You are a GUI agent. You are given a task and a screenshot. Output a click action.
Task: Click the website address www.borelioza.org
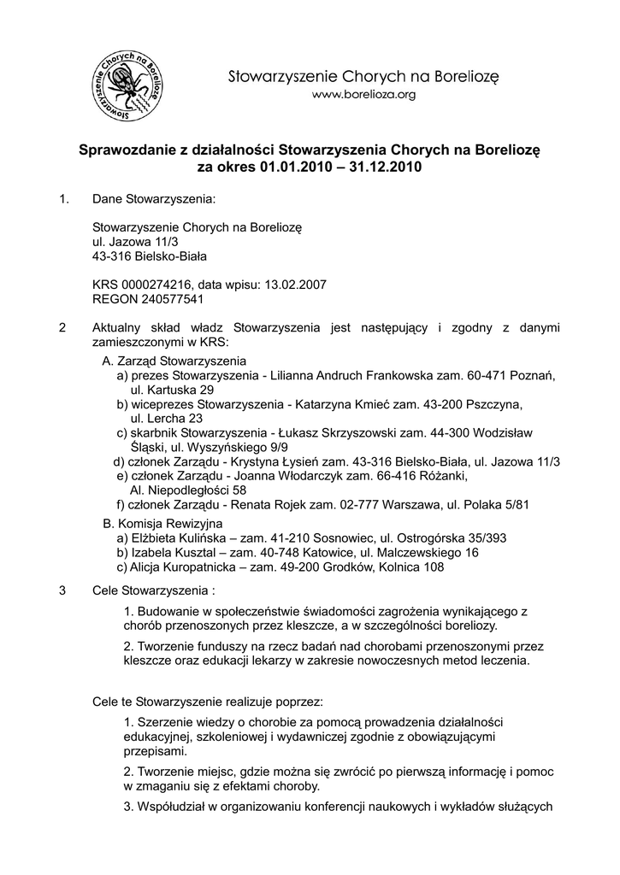[363, 96]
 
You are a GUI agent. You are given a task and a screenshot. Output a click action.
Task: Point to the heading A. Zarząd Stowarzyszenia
[174, 361]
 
